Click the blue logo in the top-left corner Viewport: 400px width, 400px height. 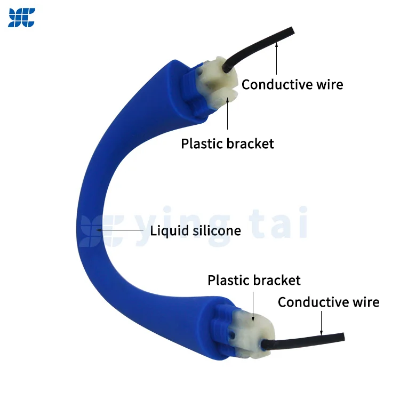[x=22, y=18]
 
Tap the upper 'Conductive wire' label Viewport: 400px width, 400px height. [x=292, y=84]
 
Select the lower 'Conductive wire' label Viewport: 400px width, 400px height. [x=329, y=302]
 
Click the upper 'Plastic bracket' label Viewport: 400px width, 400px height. [x=228, y=143]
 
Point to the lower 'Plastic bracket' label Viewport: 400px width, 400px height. [x=254, y=280]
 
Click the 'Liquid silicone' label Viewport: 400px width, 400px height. [x=195, y=230]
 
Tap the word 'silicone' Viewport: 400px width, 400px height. [x=217, y=230]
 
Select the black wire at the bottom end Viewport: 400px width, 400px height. [x=303, y=341]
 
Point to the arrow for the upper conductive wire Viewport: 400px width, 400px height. [x=276, y=59]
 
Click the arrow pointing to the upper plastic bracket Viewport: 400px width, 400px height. [x=228, y=113]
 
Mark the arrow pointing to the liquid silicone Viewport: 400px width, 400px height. [x=119, y=230]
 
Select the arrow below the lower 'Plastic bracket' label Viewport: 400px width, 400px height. [x=253, y=307]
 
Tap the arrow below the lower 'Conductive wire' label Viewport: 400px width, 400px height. [x=321, y=323]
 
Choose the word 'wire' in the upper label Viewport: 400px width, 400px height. [x=330, y=84]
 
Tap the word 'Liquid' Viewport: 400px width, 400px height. [x=170, y=230]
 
